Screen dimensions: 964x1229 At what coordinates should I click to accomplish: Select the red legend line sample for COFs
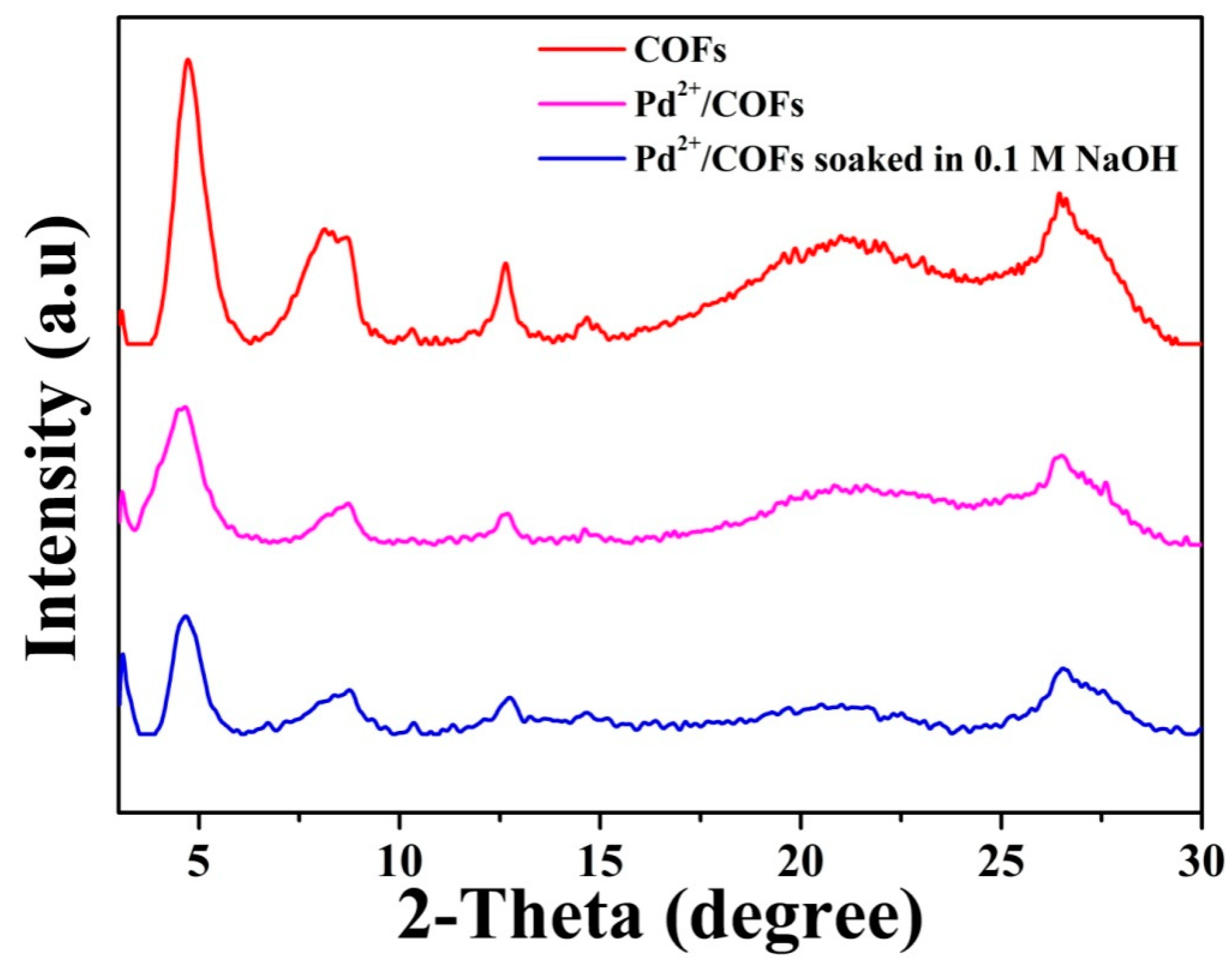tap(581, 50)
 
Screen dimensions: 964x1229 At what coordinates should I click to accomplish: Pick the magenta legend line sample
tap(581, 105)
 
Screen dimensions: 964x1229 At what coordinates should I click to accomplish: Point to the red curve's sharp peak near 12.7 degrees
tap(505, 264)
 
